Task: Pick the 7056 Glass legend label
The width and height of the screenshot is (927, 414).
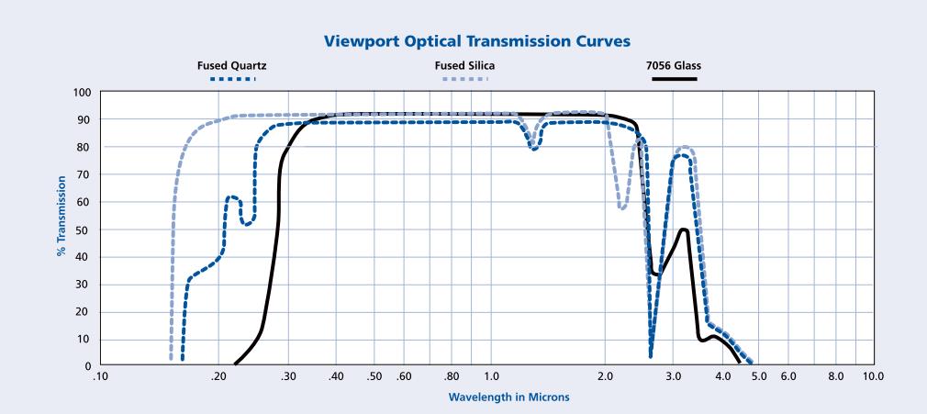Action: coord(674,65)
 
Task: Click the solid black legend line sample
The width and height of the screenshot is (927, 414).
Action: coord(674,79)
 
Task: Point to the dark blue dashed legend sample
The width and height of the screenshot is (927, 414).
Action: coord(232,79)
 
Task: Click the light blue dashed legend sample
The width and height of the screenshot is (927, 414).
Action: coord(464,79)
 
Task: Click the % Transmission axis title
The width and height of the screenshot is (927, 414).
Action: coord(61,215)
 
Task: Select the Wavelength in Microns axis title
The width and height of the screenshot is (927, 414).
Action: coord(509,397)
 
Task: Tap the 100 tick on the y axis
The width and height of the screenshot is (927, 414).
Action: coord(83,93)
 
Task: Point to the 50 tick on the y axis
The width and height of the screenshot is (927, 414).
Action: coord(85,229)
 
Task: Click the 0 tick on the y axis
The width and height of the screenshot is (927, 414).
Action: coord(88,366)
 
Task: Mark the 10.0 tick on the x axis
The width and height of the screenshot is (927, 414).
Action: coord(874,377)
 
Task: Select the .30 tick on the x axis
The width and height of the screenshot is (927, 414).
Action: coord(286,377)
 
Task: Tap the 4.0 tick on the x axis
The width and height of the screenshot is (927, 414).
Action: coord(722,377)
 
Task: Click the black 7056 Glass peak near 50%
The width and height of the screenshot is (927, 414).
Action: coord(683,229)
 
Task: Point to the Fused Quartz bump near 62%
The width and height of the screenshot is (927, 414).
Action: coord(232,196)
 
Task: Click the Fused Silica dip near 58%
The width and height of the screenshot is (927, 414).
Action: coord(622,208)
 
